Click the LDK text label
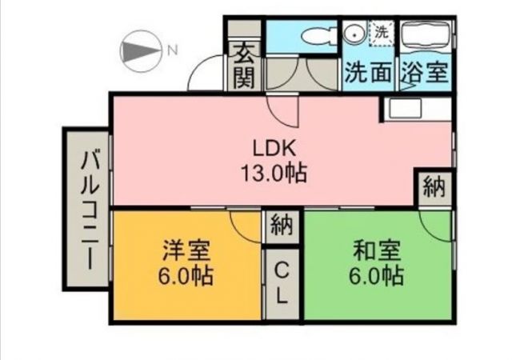point(275,148)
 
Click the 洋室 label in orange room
point(186,251)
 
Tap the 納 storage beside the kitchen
point(434,189)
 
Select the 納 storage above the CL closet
point(280,226)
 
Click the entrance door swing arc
point(204,75)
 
